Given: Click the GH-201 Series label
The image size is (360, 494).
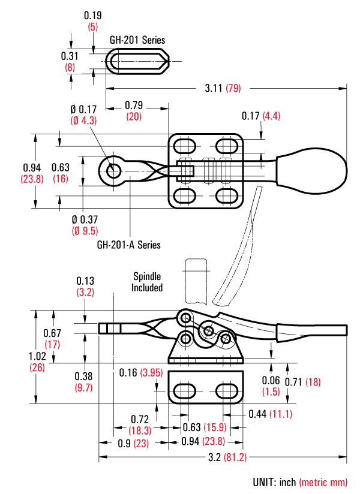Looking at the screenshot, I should point(137,40).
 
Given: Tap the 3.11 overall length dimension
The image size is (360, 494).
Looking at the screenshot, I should point(214,88).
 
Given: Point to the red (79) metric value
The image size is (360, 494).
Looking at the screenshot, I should point(233,88).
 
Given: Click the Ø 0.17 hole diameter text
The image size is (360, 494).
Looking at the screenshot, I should point(83,109).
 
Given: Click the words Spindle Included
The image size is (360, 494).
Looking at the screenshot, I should point(148,282).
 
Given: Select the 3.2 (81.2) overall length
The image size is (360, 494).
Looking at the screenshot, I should point(222,457).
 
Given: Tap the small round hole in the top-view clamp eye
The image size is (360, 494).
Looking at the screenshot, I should point(112,171).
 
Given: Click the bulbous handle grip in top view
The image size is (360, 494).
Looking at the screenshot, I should point(312,170).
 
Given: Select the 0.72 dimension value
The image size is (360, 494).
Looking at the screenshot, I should point(139,417).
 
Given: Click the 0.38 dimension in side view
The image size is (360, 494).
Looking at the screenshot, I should point(83,376).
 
